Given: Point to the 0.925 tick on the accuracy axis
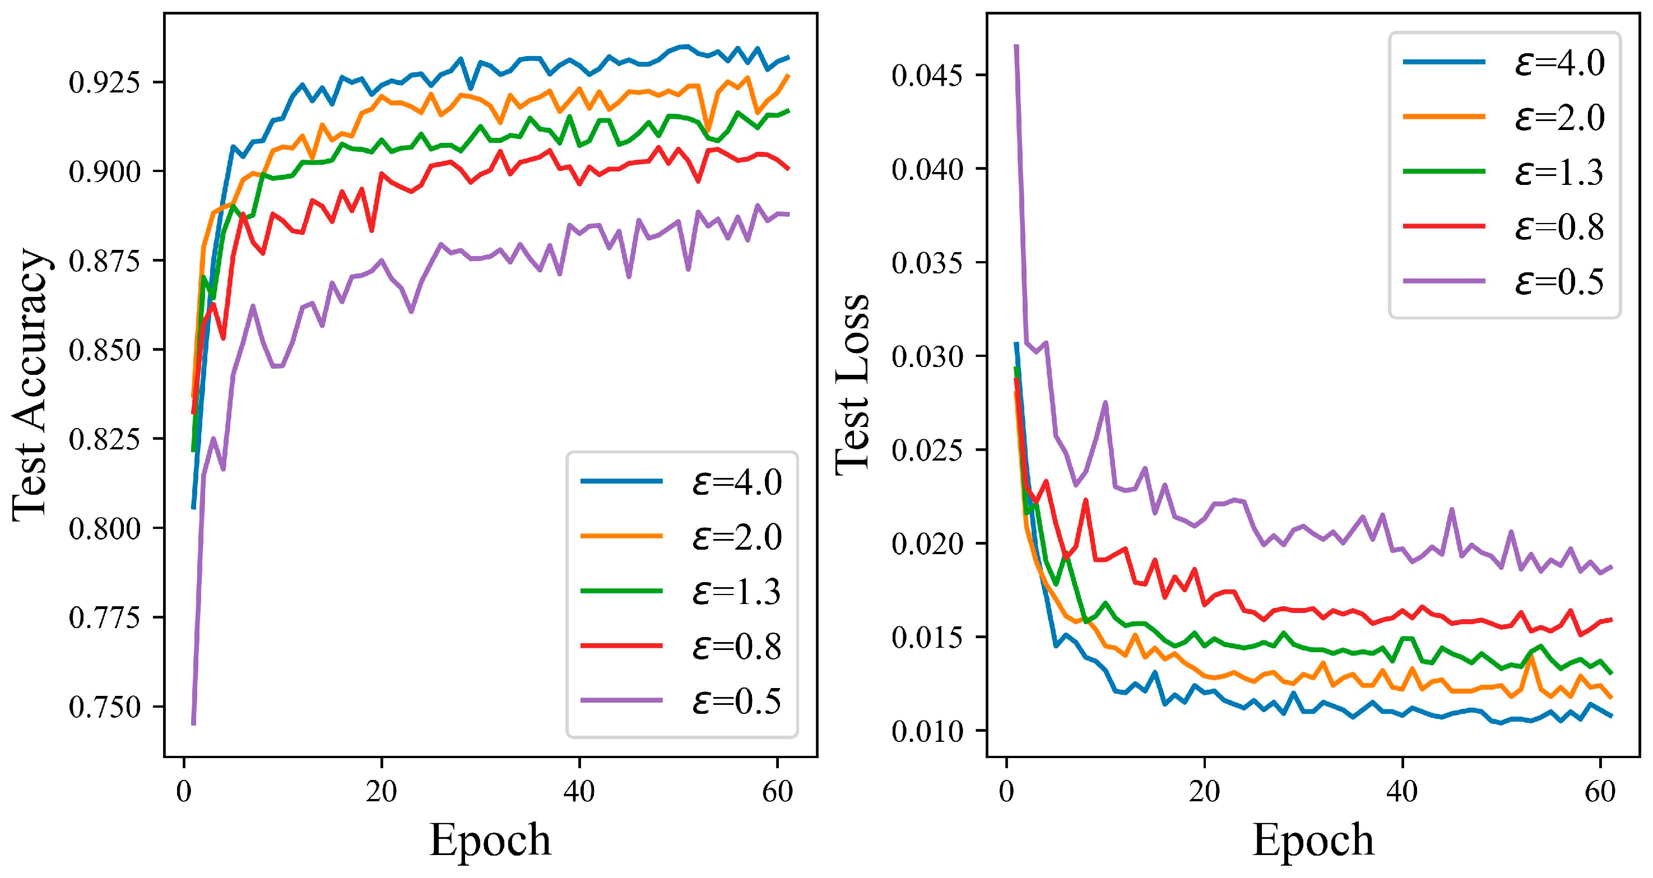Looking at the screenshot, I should point(104,83).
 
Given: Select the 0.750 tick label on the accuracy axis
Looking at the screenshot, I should point(104,707).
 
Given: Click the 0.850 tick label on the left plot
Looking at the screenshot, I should point(104,350).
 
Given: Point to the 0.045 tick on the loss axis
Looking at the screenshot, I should point(927,76).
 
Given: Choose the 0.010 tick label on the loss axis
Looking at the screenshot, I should point(927,732).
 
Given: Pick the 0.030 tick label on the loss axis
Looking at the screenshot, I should point(927,357).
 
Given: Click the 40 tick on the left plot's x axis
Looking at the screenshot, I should point(579,791).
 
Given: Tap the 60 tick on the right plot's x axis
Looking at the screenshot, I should point(1600,791).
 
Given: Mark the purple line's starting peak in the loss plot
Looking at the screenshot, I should point(1016,46).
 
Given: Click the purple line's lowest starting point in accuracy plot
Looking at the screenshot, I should point(193,723).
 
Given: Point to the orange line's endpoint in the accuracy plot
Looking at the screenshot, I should point(788,76).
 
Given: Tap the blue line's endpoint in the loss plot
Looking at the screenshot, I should point(1612,716).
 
